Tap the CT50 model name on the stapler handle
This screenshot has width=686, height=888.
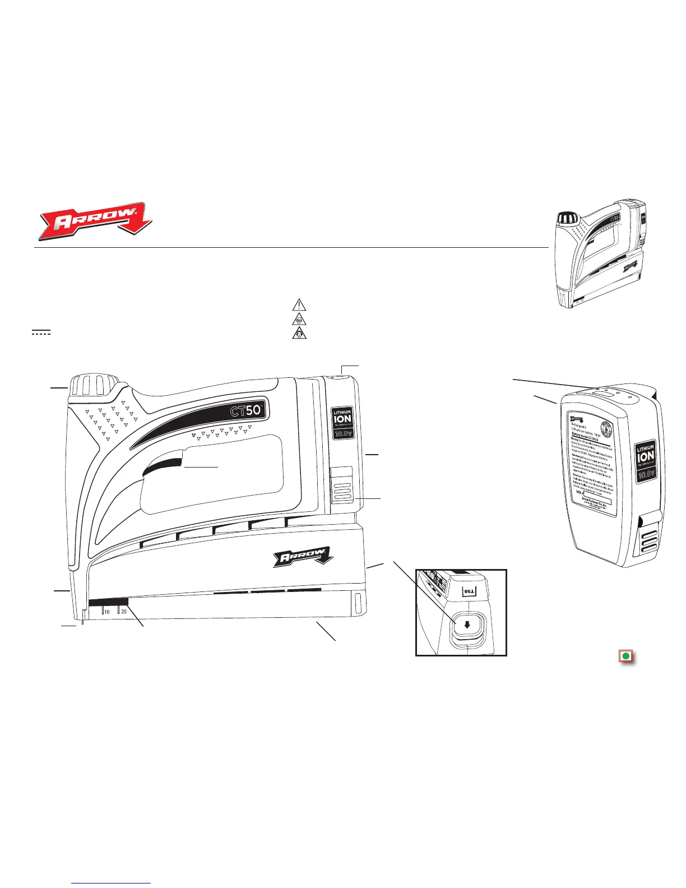[x=247, y=410]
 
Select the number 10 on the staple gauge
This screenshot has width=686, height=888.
[x=106, y=612]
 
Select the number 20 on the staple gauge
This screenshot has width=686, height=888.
[x=124, y=612]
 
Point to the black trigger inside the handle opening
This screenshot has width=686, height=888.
[x=163, y=466]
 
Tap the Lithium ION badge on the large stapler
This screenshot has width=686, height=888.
[x=342, y=423]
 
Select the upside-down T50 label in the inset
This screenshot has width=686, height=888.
[x=468, y=591]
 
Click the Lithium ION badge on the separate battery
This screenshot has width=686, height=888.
[x=646, y=460]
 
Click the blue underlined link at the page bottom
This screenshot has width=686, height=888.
[x=112, y=884]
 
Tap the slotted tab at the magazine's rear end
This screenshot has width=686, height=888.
[x=357, y=603]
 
